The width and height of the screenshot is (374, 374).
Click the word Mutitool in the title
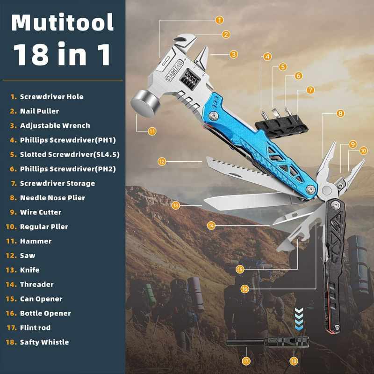pos(63,22)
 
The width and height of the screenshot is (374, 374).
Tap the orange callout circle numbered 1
pos(219,20)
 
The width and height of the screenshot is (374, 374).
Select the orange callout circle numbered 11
pos(152,131)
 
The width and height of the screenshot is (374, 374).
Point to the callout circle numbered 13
pos(175,205)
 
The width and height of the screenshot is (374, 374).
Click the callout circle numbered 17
pos(246,361)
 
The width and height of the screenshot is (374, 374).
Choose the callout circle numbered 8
pos(340,113)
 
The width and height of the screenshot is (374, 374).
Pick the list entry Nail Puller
pos(39,111)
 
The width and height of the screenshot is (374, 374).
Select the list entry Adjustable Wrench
pos(55,126)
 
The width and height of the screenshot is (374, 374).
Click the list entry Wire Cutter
pos(41,212)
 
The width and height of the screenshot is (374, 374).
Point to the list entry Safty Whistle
pos(44,342)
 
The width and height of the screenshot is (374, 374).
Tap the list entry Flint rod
pos(35,328)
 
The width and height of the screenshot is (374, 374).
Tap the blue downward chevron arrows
pos(299,319)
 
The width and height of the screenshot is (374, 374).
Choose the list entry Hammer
pos(36,241)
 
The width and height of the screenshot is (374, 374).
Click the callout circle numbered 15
pos(240,269)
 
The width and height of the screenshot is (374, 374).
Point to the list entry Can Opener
pos(41,299)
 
